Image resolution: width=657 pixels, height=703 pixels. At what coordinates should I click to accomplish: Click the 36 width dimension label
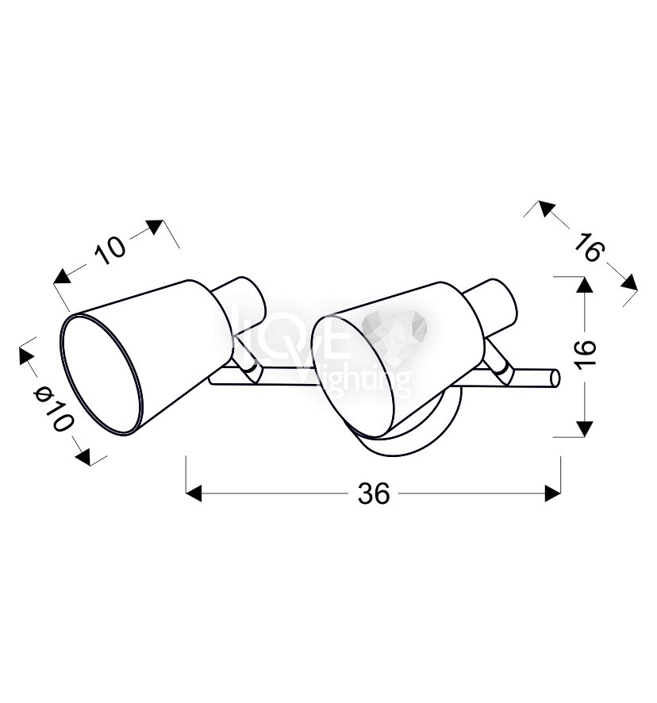point(374,494)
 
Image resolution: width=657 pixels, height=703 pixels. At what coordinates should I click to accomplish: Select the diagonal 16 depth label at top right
point(590,247)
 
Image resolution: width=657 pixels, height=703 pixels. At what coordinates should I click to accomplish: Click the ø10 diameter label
point(53,409)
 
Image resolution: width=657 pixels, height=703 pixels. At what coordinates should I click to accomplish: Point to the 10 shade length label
point(110,249)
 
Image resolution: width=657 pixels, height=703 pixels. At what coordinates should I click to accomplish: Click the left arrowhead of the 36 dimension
point(194,494)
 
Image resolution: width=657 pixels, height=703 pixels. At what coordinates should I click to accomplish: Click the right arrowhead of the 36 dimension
point(552,494)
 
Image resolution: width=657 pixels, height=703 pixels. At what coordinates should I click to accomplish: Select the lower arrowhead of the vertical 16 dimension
point(584,429)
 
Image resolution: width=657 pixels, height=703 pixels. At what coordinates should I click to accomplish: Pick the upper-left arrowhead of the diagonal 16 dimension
point(547,208)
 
